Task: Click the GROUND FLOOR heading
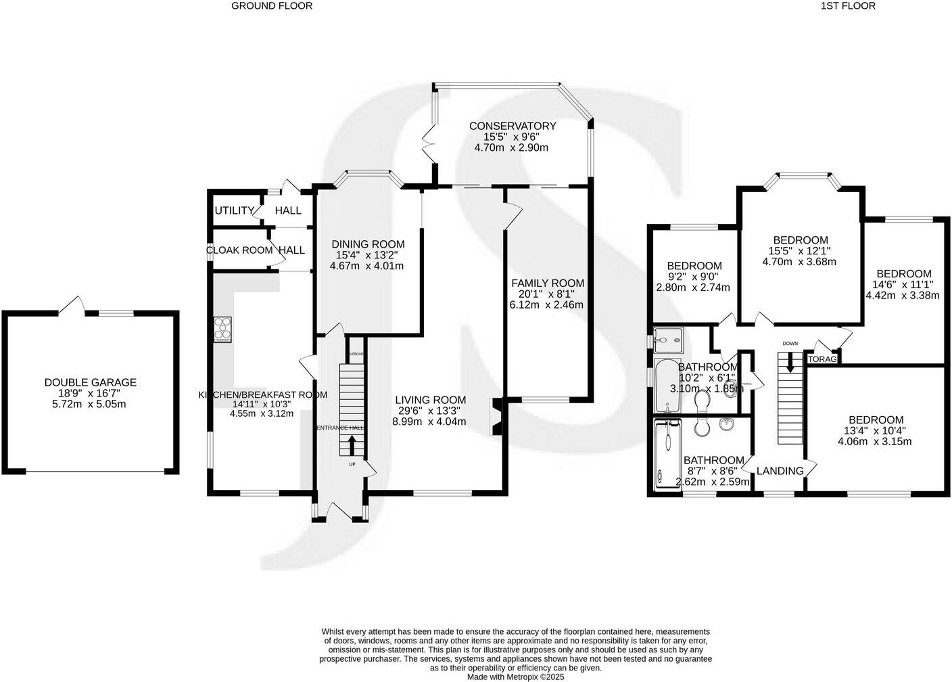272,6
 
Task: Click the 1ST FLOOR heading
848,6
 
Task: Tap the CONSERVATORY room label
512,126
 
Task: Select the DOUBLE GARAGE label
90,382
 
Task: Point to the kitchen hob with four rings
222,329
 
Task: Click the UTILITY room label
234,210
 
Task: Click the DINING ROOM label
367,244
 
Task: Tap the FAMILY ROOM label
547,283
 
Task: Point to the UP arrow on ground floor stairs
352,445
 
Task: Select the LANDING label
780,471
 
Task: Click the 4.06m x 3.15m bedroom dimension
875,442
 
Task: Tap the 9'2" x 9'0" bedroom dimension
694,277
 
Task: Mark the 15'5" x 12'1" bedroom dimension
800,251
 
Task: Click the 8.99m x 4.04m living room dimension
429,422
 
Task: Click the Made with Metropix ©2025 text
515,677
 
